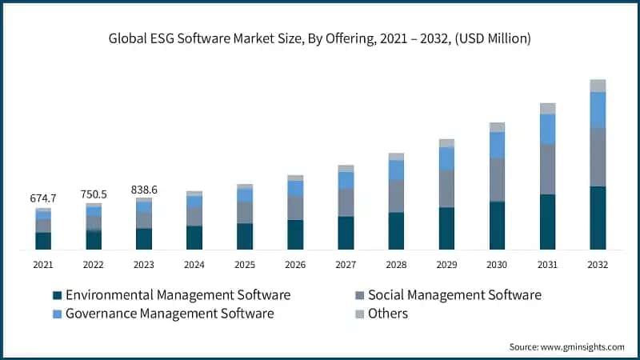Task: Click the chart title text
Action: (320, 38)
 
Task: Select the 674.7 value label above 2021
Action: (42, 198)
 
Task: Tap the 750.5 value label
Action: (94, 194)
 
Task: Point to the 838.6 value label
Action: (144, 189)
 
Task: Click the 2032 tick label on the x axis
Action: (598, 265)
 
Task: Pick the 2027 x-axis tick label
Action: (346, 265)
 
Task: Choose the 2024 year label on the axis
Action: (194, 265)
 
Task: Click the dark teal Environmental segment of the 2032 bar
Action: (598, 218)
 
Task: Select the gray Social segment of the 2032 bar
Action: (598, 157)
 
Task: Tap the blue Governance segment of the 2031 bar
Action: (547, 129)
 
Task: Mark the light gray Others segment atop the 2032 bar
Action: (598, 86)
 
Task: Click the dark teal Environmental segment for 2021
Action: (43, 241)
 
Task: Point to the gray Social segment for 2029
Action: (446, 189)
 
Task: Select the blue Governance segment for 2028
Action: (396, 170)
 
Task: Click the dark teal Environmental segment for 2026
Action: (295, 234)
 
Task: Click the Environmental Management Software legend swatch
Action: (57, 295)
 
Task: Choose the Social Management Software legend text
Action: (454, 295)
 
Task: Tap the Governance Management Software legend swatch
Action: (57, 314)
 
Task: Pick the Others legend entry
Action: (387, 314)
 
